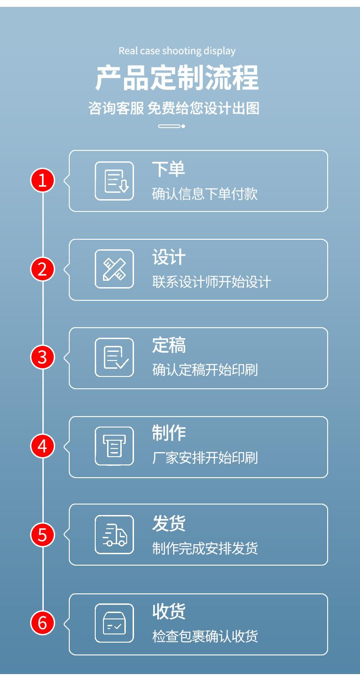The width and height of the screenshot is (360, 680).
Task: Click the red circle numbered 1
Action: (x=42, y=181)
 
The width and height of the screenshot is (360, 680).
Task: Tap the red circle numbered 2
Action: (x=42, y=269)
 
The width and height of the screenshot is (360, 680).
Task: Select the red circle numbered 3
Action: (x=42, y=357)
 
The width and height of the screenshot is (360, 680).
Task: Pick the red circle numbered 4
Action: (x=42, y=446)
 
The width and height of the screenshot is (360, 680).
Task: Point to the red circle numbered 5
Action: (x=42, y=534)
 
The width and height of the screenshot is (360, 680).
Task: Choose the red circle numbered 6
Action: (x=42, y=623)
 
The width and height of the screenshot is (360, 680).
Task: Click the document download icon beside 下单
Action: (x=114, y=181)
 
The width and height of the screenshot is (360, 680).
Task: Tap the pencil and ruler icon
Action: (x=114, y=269)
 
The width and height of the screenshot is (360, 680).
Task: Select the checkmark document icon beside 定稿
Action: (x=114, y=357)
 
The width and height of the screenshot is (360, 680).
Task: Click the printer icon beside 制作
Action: (x=114, y=446)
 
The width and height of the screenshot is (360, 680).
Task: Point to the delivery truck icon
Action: (x=114, y=534)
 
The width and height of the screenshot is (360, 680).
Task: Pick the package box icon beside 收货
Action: (x=114, y=623)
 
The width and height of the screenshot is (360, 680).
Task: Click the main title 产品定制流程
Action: (x=177, y=78)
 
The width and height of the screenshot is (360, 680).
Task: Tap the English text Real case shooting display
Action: (x=177, y=51)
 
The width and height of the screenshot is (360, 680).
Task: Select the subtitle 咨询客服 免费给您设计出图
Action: (x=174, y=108)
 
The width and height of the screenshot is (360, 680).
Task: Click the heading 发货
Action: (x=169, y=524)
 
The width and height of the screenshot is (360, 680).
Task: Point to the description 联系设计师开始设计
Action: (x=211, y=282)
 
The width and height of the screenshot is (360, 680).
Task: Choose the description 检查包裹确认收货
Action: (x=205, y=636)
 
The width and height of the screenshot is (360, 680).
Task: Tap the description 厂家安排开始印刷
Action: (x=205, y=458)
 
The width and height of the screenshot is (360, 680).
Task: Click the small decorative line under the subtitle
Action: (x=171, y=126)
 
